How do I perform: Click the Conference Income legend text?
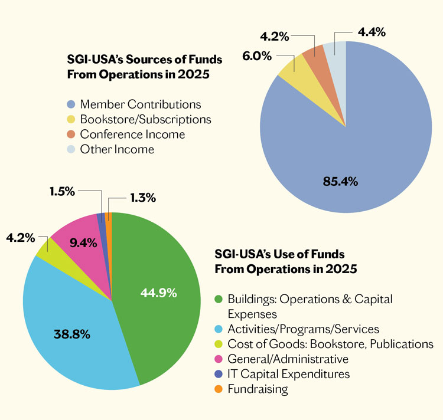point(132,134)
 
